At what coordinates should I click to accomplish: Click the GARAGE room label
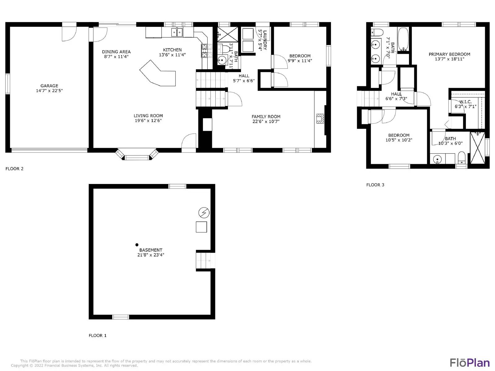pos(49,86)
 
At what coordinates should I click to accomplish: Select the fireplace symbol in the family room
pos(320,119)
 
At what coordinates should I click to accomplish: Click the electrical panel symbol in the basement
pos(204,213)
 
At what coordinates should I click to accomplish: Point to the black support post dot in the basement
pos(137,245)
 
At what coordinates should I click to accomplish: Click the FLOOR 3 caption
pos(375,185)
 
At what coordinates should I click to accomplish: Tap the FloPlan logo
pos(469,362)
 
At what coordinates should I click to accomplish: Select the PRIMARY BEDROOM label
pos(449,54)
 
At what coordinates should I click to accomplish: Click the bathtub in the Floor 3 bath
pos(403,39)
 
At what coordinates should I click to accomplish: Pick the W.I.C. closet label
pos(465,102)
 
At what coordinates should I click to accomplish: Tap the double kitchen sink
pos(177,32)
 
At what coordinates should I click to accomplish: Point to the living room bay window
pos(137,156)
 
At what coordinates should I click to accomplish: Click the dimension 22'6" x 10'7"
pos(266,122)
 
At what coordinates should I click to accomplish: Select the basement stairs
pos(204,261)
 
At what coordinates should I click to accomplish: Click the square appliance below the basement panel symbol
pos(201,227)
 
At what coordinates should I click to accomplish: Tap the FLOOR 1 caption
pos(97,335)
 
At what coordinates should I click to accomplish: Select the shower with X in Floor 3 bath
pos(477,147)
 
